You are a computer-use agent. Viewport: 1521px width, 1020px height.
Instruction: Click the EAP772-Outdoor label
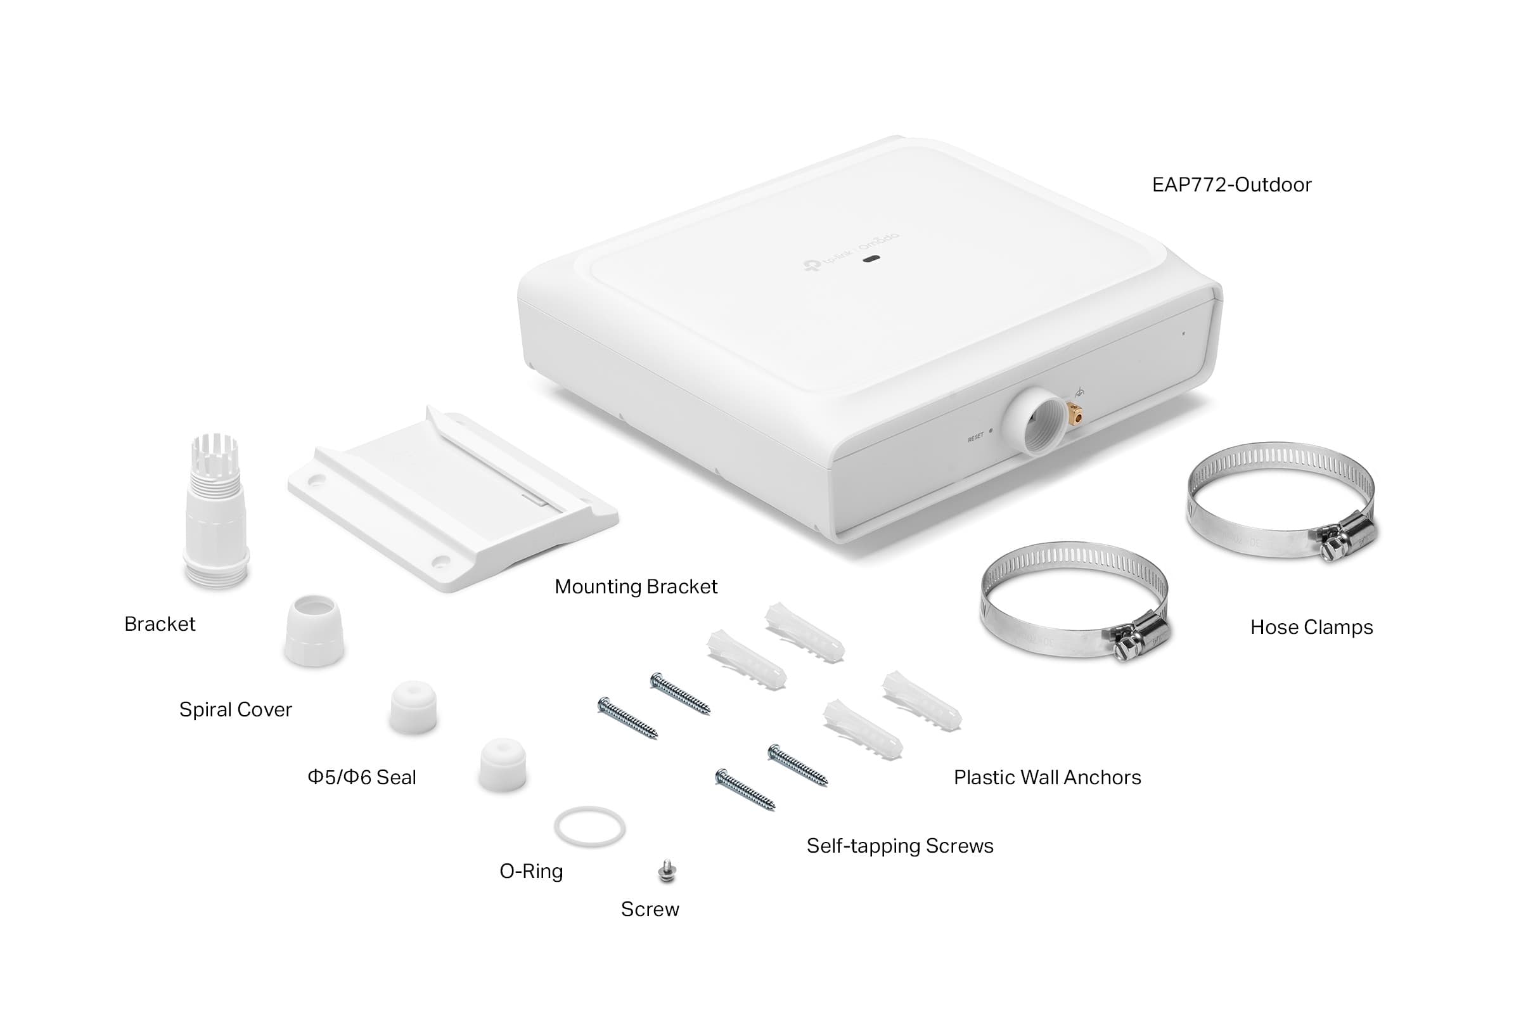pyautogui.click(x=1231, y=184)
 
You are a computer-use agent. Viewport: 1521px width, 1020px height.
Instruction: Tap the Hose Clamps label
pyautogui.click(x=1311, y=627)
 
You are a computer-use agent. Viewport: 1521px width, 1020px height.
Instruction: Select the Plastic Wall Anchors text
pyautogui.click(x=1047, y=777)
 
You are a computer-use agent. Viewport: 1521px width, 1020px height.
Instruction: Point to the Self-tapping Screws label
pyautogui.click(x=899, y=846)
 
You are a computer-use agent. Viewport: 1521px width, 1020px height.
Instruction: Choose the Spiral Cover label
pyautogui.click(x=235, y=709)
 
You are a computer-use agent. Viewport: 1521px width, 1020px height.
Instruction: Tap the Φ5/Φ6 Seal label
pyautogui.click(x=362, y=777)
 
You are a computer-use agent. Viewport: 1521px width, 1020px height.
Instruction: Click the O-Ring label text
pyautogui.click(x=530, y=871)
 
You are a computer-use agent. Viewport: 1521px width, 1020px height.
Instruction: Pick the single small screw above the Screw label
pyautogui.click(x=667, y=871)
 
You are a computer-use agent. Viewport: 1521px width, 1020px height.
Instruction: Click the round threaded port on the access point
pyautogui.click(x=1036, y=422)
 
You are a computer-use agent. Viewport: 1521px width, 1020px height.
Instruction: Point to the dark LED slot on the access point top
pyautogui.click(x=871, y=259)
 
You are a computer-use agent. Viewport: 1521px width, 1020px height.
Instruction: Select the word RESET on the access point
pyautogui.click(x=975, y=438)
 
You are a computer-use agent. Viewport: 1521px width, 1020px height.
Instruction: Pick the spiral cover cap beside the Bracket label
pyautogui.click(x=314, y=630)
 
